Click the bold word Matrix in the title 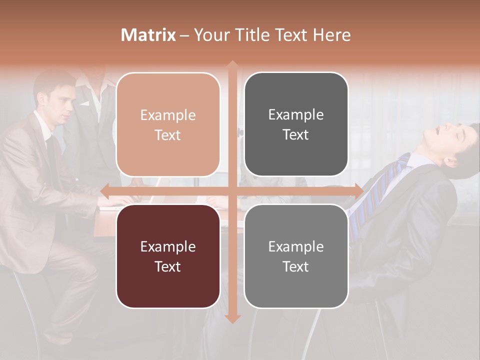point(148,35)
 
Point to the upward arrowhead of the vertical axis point(232,64)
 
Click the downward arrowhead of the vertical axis point(232,318)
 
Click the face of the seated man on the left point(60,104)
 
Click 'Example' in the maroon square point(168,247)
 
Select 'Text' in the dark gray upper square point(296,135)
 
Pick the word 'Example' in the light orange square point(168,115)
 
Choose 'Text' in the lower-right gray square point(296,266)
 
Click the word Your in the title point(209,35)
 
